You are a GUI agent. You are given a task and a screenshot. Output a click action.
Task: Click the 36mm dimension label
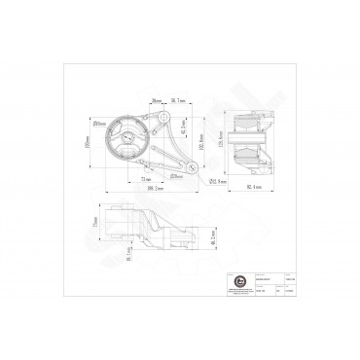156,100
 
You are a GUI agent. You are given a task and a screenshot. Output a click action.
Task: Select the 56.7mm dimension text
177,100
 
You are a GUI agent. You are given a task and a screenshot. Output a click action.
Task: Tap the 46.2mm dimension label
213,235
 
